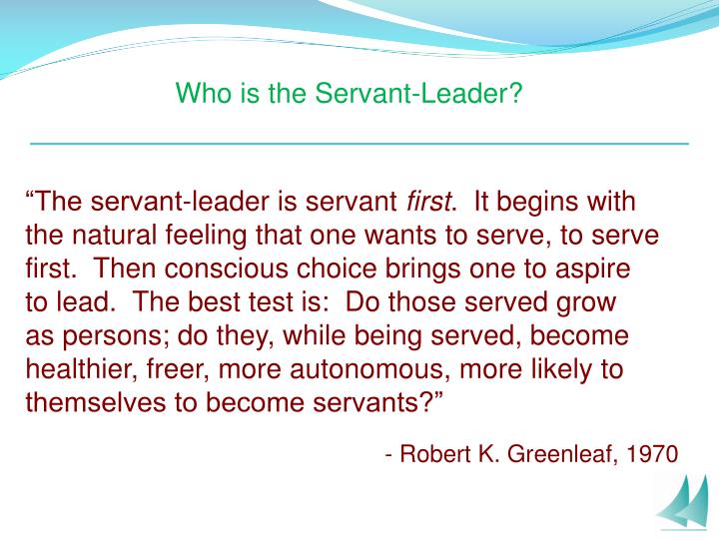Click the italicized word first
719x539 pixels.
pos(428,202)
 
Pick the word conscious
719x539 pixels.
pos(220,269)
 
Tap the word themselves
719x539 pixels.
pos(88,404)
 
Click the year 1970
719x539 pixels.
pos(654,455)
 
